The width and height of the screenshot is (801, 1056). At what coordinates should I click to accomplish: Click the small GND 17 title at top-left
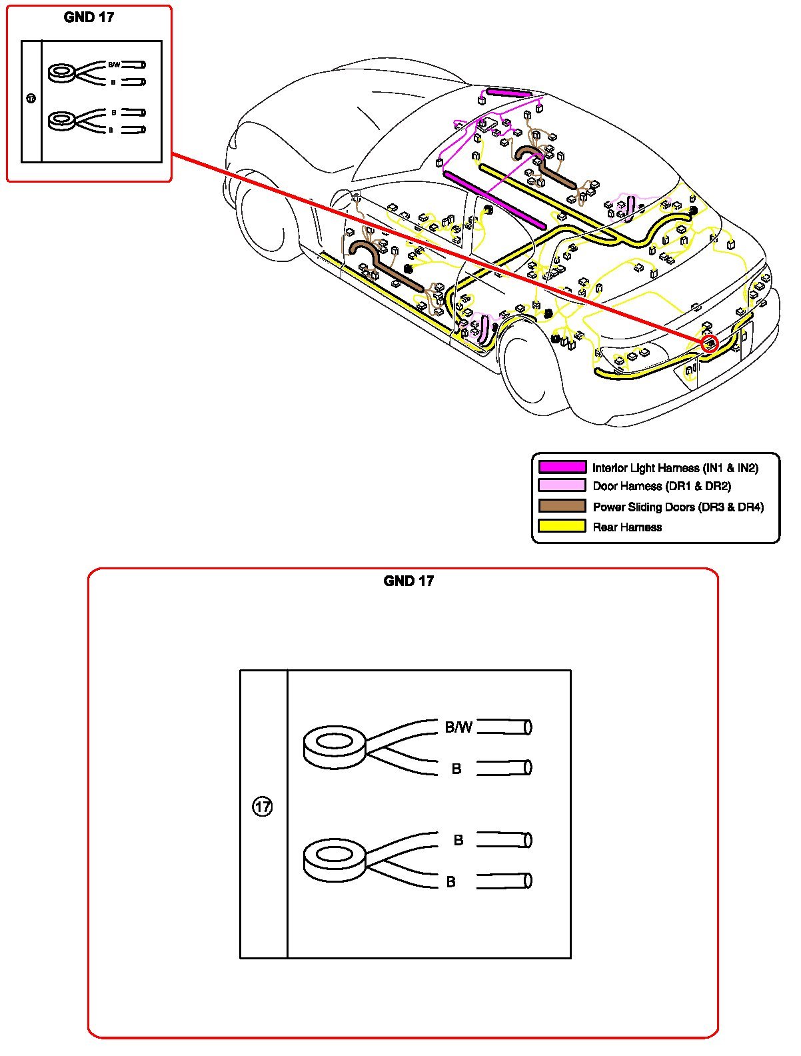tap(89, 17)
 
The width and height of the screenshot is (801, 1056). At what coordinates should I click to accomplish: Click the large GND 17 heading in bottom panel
tap(408, 581)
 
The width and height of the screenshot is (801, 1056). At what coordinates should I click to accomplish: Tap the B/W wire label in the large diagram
tap(458, 727)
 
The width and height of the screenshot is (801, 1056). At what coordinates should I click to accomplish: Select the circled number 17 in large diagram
tap(263, 807)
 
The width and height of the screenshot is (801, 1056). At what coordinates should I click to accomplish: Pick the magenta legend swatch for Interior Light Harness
tap(562, 467)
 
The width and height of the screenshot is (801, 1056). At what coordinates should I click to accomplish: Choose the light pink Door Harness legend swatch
tap(562, 486)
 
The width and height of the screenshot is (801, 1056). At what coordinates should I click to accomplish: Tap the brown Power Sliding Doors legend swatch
tap(562, 506)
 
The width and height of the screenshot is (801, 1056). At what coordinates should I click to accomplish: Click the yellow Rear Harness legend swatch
tap(562, 526)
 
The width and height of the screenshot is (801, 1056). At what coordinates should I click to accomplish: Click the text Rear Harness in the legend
tap(627, 527)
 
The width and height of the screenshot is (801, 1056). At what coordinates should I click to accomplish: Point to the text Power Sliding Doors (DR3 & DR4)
tap(678, 507)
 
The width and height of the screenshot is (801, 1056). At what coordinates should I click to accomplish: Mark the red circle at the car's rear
tap(710, 344)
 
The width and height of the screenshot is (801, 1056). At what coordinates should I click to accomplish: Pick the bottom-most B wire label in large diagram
tap(451, 882)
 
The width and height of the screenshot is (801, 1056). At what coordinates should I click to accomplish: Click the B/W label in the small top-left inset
tap(114, 65)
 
